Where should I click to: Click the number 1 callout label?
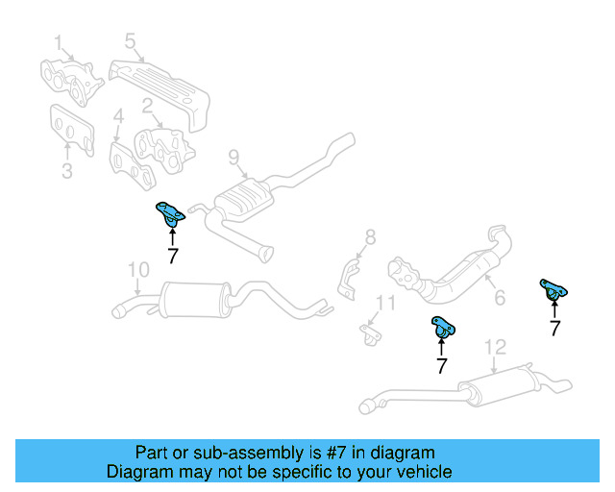[58, 42]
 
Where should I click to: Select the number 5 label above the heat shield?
[130, 40]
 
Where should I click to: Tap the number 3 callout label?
[66, 172]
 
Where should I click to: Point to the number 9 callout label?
[233, 157]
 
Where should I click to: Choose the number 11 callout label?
[384, 305]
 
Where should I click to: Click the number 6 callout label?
[499, 300]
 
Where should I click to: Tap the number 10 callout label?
[138, 270]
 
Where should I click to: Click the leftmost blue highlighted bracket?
[170, 215]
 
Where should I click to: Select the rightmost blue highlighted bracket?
[553, 288]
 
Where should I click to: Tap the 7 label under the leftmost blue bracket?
[172, 256]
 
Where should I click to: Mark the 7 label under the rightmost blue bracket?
[554, 328]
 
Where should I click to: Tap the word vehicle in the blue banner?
[424, 472]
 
